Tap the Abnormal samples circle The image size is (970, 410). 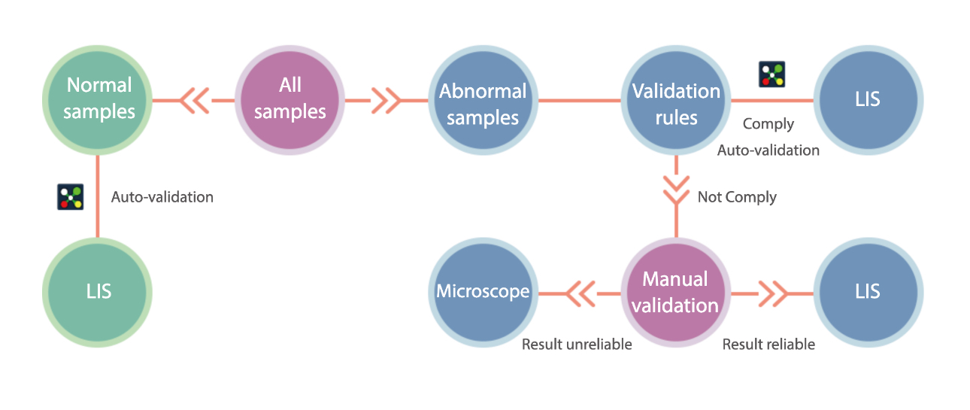483,104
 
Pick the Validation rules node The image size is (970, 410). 676,104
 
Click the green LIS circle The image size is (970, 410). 98,291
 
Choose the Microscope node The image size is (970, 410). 483,291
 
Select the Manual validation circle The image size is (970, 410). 676,293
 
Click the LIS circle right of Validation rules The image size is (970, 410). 868,99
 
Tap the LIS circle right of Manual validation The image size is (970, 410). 868,291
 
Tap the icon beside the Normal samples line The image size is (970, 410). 70,196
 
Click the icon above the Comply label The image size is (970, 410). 771,74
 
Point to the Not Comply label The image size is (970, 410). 737,197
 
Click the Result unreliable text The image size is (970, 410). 577,345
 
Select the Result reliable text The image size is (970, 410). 768,345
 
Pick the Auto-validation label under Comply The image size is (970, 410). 768,150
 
